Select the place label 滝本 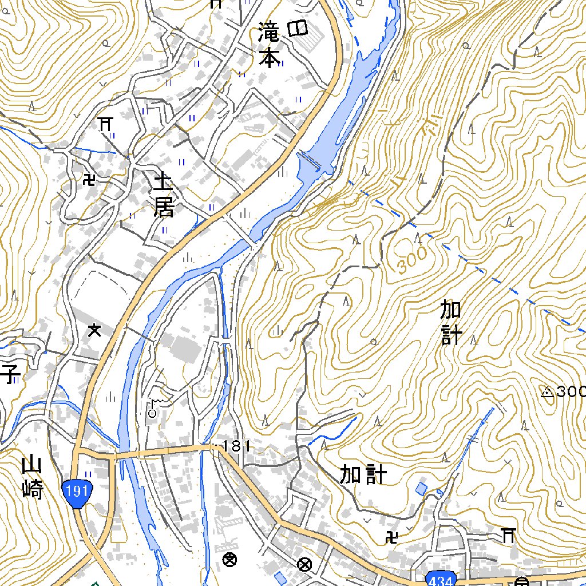268,45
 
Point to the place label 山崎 33,477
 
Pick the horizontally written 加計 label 363,474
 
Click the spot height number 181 235,446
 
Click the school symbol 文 94,330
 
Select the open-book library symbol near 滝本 298,27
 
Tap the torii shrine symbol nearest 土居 105,123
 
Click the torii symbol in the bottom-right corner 507,535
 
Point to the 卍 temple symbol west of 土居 89,180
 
